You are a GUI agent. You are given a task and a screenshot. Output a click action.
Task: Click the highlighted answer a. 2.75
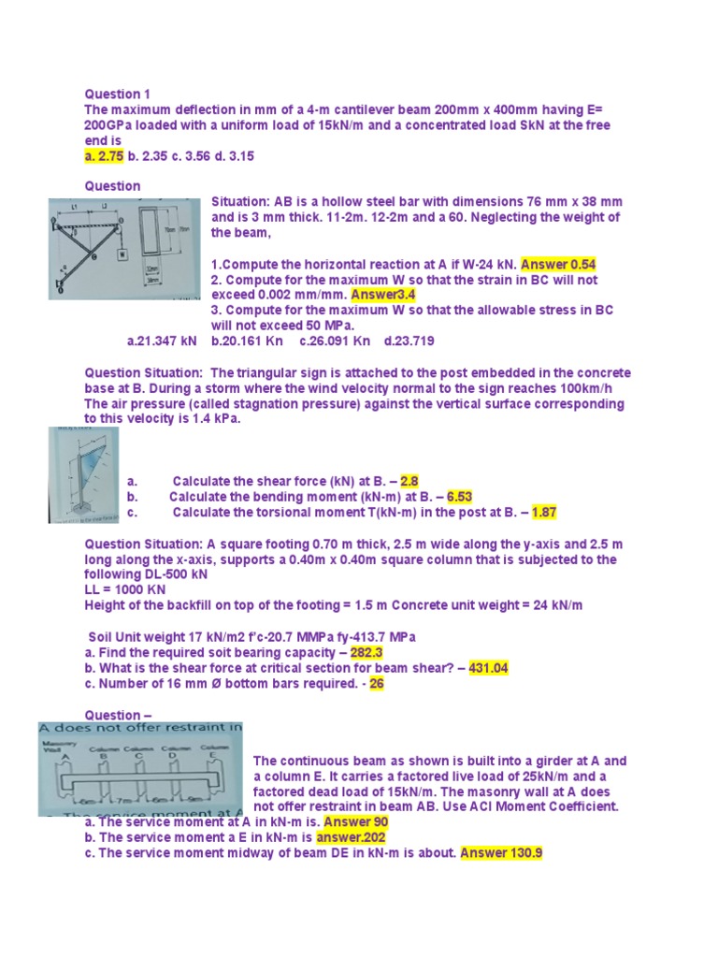tap(105, 156)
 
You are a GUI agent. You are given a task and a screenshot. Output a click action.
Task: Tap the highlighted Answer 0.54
tap(558, 264)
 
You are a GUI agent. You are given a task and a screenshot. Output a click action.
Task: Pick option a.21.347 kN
tap(162, 341)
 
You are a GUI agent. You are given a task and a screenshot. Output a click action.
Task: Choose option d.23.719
tap(405, 341)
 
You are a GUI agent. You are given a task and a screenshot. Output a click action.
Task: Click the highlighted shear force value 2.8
tap(409, 482)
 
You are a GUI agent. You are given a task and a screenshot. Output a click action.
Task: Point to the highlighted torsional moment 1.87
tap(544, 513)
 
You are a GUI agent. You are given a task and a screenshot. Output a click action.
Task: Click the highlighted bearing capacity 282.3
tap(366, 652)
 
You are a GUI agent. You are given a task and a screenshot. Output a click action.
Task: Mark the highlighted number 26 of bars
tap(377, 684)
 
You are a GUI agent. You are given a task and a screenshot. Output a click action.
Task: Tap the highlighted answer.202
tap(351, 838)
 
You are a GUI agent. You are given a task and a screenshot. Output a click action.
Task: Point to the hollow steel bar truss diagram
tap(124, 248)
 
